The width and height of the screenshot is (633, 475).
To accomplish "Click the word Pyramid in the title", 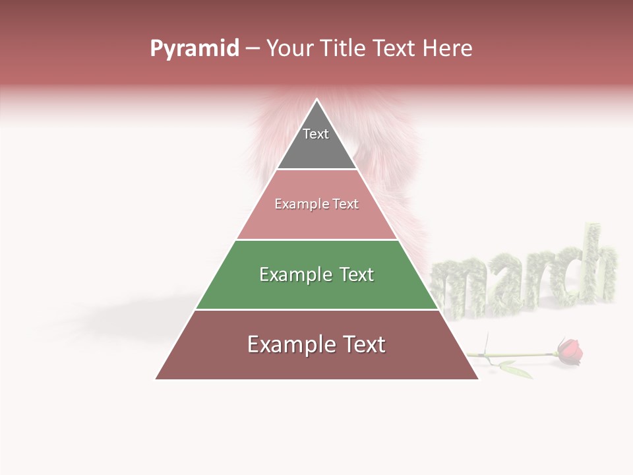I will coord(195,49).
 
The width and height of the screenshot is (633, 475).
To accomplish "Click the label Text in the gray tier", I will coord(316,134).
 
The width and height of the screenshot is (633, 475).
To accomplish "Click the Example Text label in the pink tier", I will coord(316,204).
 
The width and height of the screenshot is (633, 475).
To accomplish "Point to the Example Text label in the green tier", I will coord(316,274).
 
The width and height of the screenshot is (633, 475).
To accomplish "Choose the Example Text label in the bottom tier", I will coord(316,344).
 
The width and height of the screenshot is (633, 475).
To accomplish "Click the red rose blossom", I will coord(570,351).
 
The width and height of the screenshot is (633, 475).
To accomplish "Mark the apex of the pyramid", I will coord(317,101).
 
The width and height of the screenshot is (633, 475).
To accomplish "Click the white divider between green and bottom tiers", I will coord(316,309).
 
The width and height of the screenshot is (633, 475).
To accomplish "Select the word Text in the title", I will coord(394,49).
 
